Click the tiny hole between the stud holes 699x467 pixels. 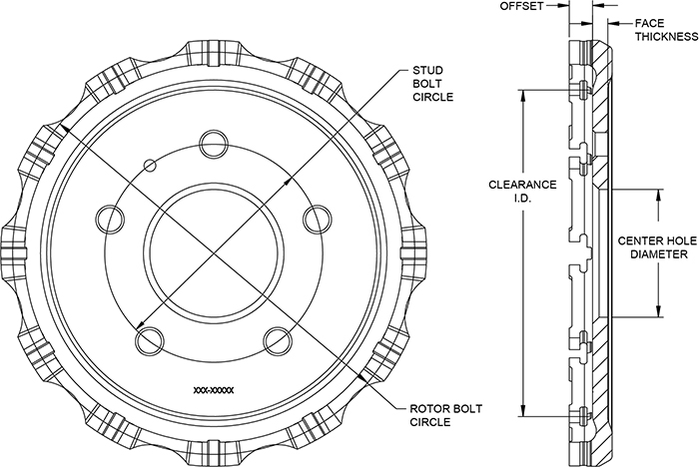pos(149,164)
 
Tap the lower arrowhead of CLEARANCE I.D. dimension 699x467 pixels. pos(522,413)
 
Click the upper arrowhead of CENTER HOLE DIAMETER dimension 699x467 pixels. pos(658,192)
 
